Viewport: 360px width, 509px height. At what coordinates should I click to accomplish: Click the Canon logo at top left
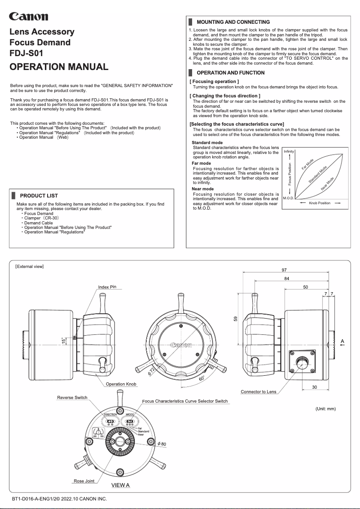pyautogui.click(x=29, y=17)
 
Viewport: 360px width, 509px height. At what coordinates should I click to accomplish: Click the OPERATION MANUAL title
pyautogui.click(x=59, y=67)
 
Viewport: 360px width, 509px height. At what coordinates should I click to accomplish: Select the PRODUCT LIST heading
pyautogui.click(x=39, y=196)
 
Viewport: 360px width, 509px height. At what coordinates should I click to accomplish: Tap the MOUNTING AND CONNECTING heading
pyautogui.click(x=233, y=22)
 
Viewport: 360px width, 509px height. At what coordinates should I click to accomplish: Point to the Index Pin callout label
pyautogui.click(x=107, y=287)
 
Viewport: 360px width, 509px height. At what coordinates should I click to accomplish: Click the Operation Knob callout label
pyautogui.click(x=121, y=384)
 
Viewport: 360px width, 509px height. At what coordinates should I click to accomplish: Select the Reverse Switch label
pyautogui.click(x=72, y=398)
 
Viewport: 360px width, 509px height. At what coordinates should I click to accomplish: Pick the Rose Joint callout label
pyautogui.click(x=84, y=481)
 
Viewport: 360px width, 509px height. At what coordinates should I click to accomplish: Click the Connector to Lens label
pyautogui.click(x=259, y=392)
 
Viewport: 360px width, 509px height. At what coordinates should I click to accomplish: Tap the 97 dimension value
pyautogui.click(x=285, y=270)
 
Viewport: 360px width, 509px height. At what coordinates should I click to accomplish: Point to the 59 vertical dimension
pyautogui.click(x=235, y=319)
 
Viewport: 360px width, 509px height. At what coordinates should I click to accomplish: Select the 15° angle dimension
pyautogui.click(x=64, y=341)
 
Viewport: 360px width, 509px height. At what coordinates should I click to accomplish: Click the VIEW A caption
pyautogui.click(x=120, y=485)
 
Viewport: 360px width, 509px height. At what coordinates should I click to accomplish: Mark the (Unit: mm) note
pyautogui.click(x=325, y=408)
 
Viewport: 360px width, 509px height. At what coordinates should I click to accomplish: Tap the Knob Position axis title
pyautogui.click(x=319, y=203)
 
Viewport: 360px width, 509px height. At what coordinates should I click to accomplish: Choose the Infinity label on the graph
pyautogui.click(x=289, y=152)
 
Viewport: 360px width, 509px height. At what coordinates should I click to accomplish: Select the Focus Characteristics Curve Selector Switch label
pyautogui.click(x=185, y=401)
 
